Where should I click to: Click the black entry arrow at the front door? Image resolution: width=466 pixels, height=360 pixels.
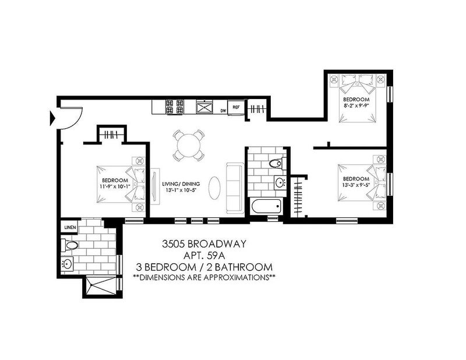tap(52, 118)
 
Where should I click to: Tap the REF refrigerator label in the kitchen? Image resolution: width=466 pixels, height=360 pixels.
tap(236, 107)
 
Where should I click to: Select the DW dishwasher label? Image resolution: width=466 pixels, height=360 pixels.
tap(224, 111)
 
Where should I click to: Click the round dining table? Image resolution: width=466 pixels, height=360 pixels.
tap(189, 146)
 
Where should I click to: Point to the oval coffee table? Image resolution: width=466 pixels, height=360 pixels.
tap(214, 188)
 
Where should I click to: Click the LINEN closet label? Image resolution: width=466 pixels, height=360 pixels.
tap(70, 227)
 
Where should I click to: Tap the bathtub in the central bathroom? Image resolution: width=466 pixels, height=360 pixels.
tap(266, 206)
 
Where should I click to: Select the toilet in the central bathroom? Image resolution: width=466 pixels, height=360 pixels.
tap(277, 163)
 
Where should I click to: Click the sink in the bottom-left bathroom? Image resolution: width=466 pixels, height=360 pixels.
tap(67, 263)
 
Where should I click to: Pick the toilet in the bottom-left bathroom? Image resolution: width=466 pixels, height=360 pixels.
tap(69, 245)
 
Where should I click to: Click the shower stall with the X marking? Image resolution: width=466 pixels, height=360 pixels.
tap(101, 285)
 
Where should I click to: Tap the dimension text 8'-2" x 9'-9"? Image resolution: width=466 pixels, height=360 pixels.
tap(356, 105)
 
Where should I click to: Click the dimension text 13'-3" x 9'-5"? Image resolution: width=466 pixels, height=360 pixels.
tap(356, 184)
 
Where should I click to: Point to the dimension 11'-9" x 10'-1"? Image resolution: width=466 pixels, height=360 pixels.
tap(115, 186)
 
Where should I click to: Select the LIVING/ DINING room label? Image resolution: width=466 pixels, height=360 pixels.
tap(181, 184)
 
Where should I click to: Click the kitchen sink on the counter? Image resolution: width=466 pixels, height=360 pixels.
tap(204, 107)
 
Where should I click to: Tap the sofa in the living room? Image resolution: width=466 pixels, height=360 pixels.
tap(235, 188)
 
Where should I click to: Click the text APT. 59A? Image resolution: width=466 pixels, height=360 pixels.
tap(204, 255)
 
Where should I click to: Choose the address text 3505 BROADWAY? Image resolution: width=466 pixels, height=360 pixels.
tap(204, 243)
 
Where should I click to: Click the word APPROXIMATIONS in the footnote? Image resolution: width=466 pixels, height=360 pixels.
tap(236, 277)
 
